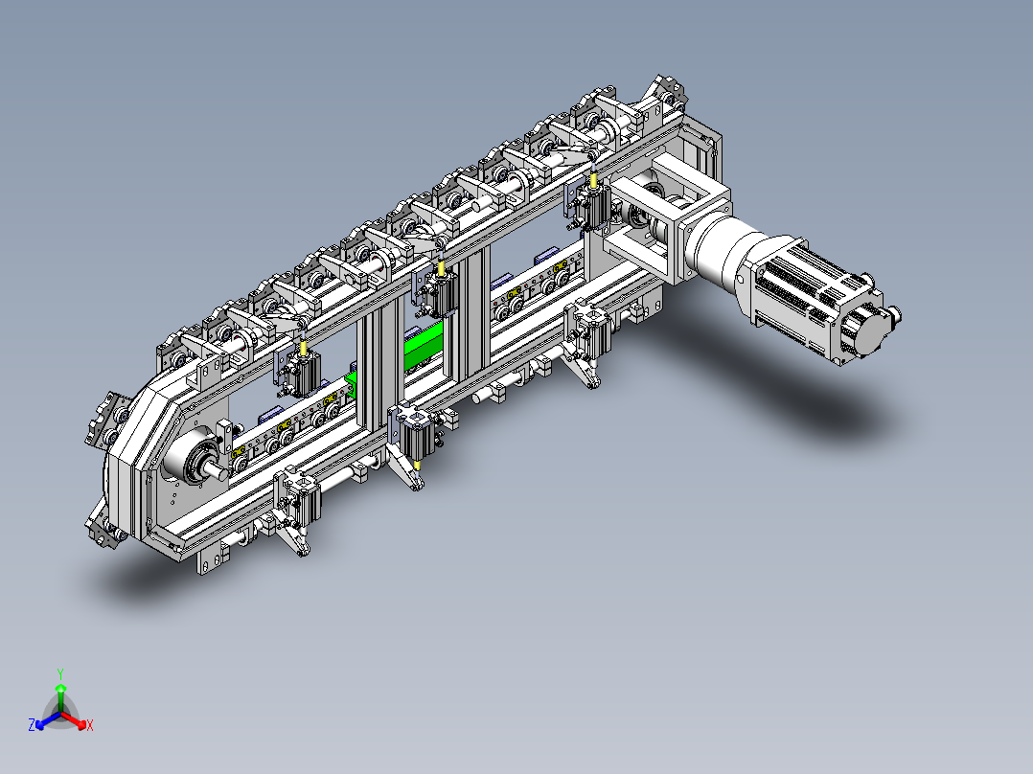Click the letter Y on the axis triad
[x=60, y=673]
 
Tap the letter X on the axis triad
[x=90, y=725]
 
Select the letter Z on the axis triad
[x=31, y=725]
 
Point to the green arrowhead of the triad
[x=60, y=687]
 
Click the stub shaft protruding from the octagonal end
[x=214, y=469]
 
